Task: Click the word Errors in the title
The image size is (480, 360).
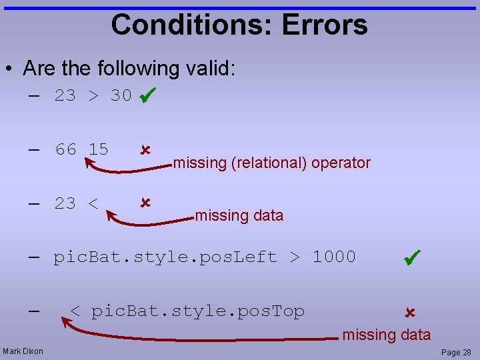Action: pyautogui.click(x=325, y=25)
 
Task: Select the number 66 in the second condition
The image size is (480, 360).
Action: pyautogui.click(x=66, y=149)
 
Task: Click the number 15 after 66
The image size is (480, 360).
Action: pyautogui.click(x=98, y=149)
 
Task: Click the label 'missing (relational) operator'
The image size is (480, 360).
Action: pyautogui.click(x=272, y=163)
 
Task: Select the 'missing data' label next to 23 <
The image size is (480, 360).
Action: pyautogui.click(x=239, y=215)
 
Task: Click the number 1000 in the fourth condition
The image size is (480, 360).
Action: pyautogui.click(x=334, y=257)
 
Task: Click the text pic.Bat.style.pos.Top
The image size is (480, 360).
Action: pyautogui.click(x=197, y=311)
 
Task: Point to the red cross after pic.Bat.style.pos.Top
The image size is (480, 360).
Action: pyautogui.click(x=409, y=312)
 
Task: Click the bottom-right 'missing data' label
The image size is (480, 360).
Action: pyautogui.click(x=387, y=335)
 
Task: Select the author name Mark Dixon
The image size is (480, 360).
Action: pyautogui.click(x=23, y=351)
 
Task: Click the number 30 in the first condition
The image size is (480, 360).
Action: pyautogui.click(x=121, y=96)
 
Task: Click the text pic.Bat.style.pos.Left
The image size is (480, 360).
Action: pyautogui.click(x=165, y=257)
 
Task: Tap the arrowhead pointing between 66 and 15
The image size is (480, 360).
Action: pyautogui.click(x=87, y=161)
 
